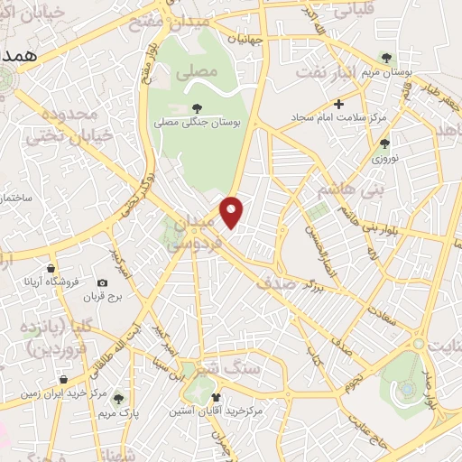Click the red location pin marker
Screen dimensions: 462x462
coord(232,210)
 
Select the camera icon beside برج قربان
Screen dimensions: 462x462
coord(102,283)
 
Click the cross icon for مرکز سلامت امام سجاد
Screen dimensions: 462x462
coord(337,104)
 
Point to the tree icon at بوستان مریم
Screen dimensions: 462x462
coord(387,57)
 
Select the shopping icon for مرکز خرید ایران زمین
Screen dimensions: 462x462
coord(64,380)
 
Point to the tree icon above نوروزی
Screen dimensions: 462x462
coord(385,143)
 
